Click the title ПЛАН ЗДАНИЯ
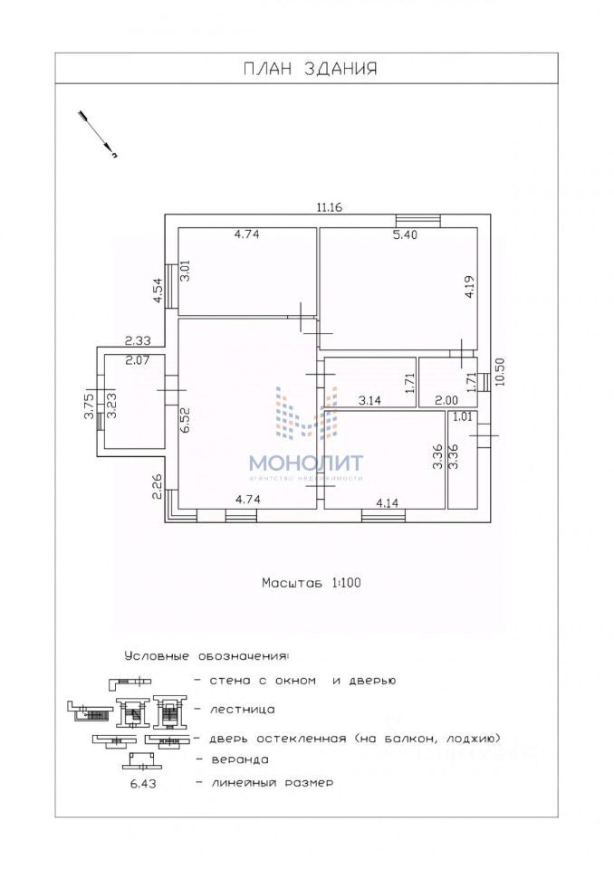click(x=310, y=68)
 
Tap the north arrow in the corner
click(x=98, y=135)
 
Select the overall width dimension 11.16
click(x=330, y=208)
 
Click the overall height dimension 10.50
click(x=499, y=371)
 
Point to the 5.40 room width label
click(x=405, y=235)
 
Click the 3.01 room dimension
click(x=186, y=271)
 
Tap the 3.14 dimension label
click(x=369, y=401)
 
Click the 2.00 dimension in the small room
click(x=446, y=401)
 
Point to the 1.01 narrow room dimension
click(x=463, y=416)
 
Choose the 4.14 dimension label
click(x=388, y=503)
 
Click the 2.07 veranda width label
click(x=137, y=361)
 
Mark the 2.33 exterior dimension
click(x=137, y=341)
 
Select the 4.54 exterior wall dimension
click(x=158, y=290)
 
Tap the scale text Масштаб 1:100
click(x=312, y=582)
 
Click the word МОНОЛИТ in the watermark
click(x=305, y=463)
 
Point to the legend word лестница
click(x=243, y=710)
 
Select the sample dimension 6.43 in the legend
click(x=144, y=784)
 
